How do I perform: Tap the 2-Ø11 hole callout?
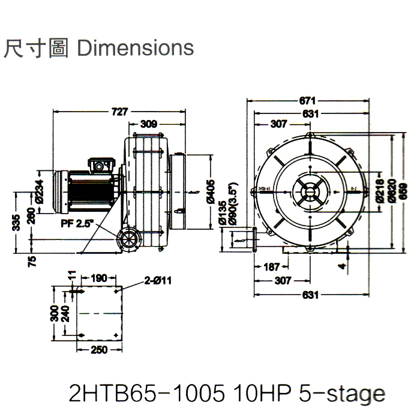click(x=158, y=279)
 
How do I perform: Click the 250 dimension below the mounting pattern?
click(x=100, y=350)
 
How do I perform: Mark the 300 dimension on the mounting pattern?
click(x=54, y=312)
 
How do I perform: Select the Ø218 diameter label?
click(x=379, y=191)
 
